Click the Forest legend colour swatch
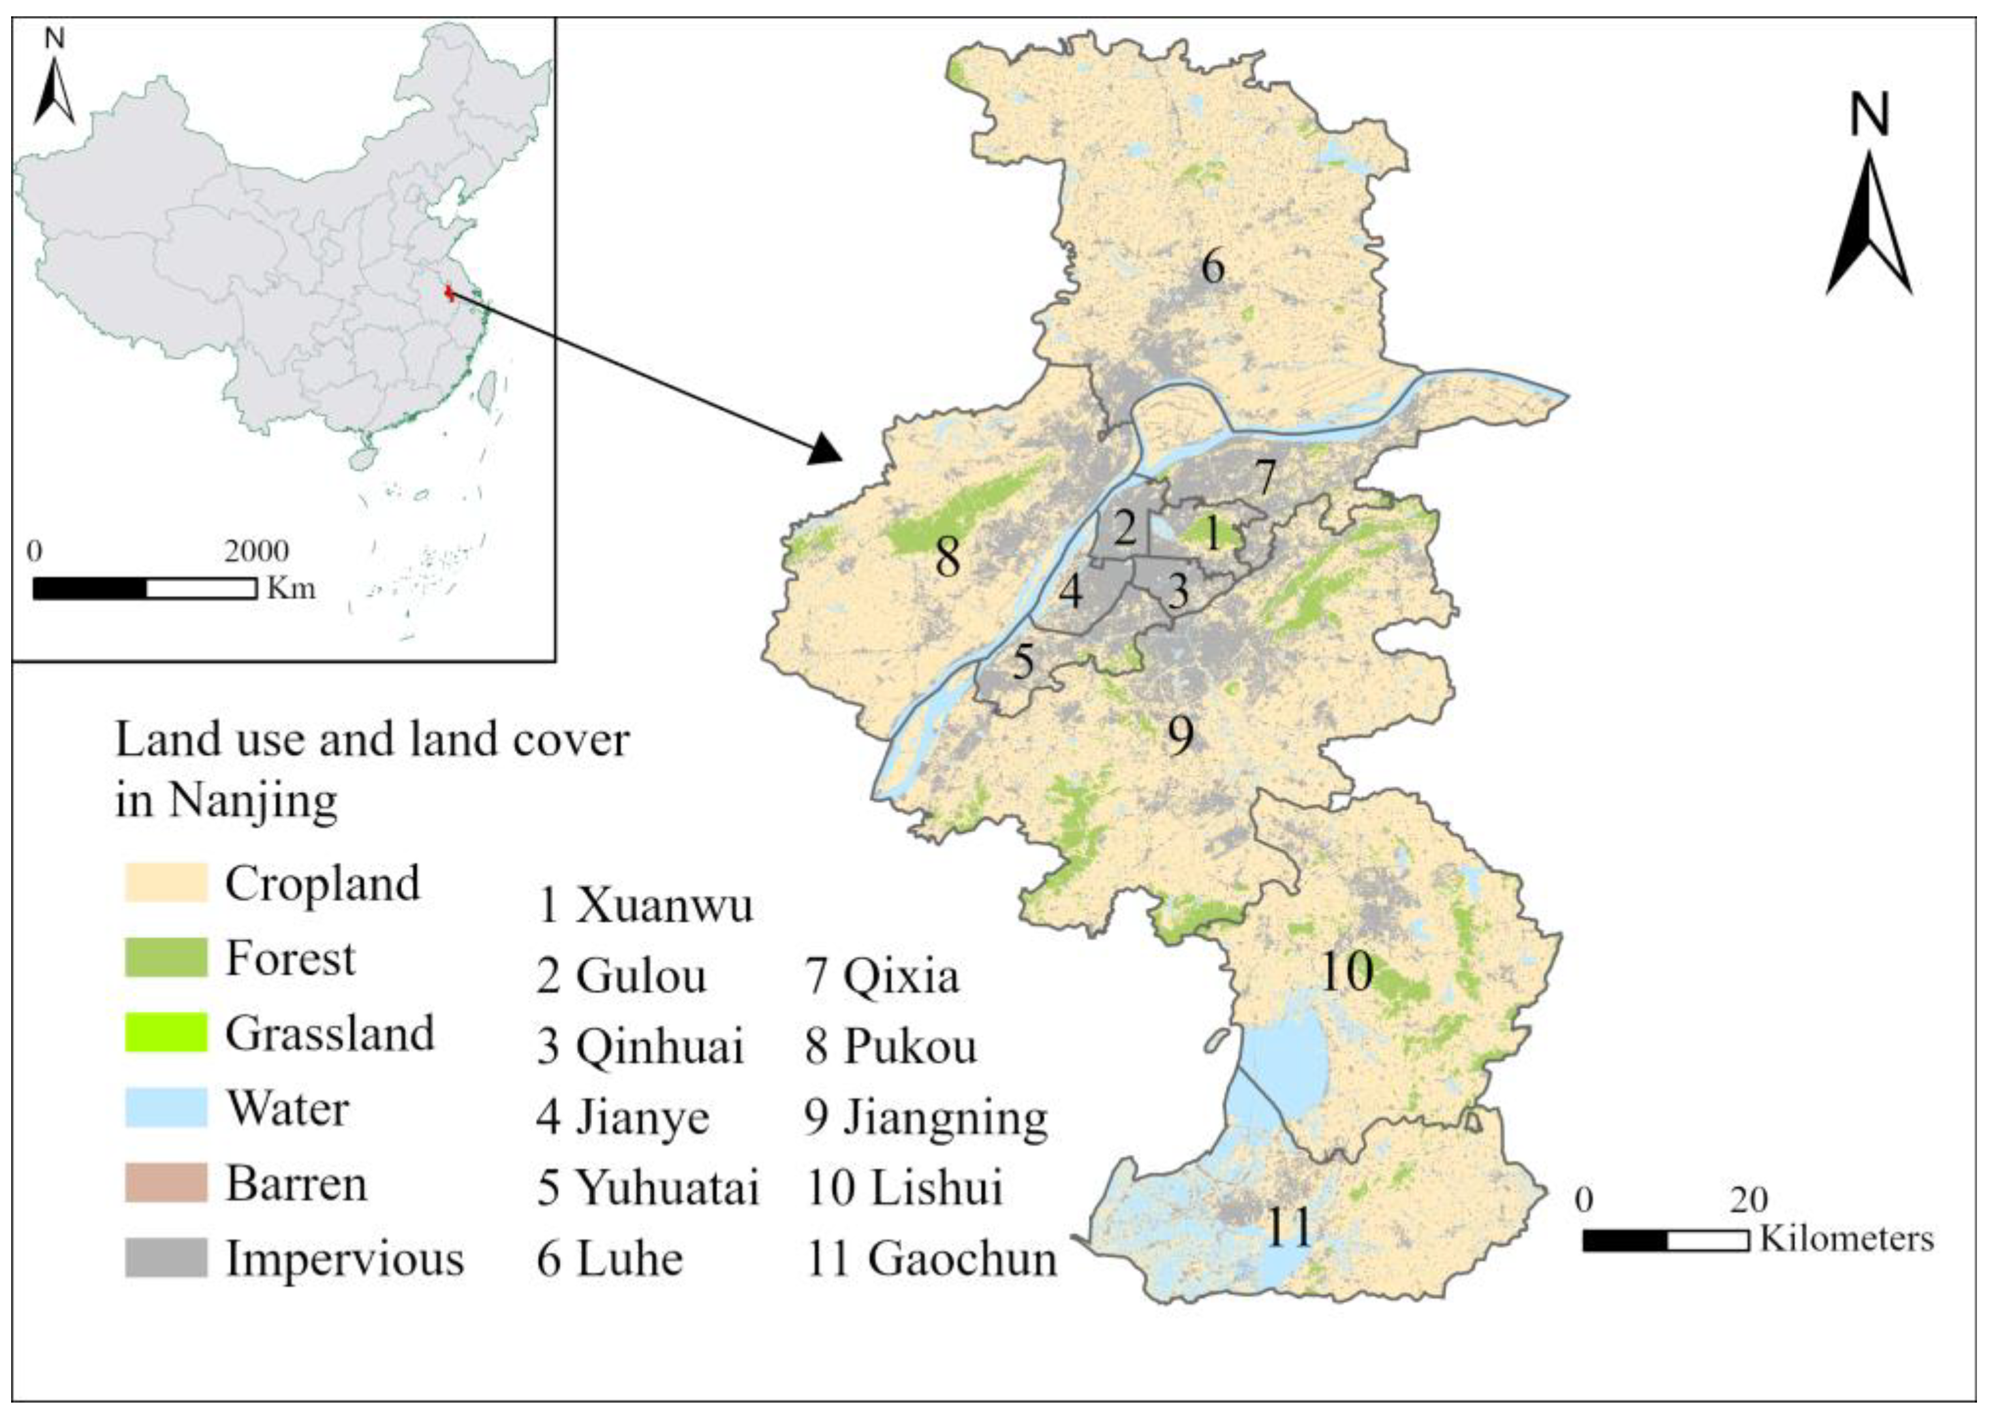(166, 957)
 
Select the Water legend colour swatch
(166, 1107)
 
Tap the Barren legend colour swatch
(166, 1183)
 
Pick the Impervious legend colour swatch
(166, 1257)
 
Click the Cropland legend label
(322, 883)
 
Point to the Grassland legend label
(329, 1034)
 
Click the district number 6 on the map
(1213, 266)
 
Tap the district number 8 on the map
(948, 556)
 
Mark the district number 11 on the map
(1288, 1228)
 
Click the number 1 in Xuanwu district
(1211, 534)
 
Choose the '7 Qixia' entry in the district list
(882, 976)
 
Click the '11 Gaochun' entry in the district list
(931, 1259)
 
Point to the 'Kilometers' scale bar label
(1846, 1239)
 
